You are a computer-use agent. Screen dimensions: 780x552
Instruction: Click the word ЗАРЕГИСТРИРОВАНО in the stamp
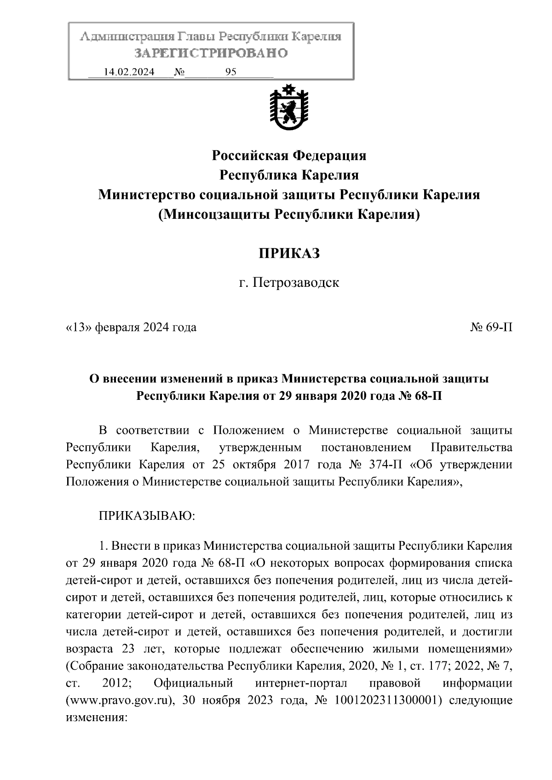tap(211, 53)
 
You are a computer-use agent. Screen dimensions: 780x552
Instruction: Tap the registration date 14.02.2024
tap(129, 72)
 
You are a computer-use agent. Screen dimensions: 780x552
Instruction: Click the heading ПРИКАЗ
tap(288, 253)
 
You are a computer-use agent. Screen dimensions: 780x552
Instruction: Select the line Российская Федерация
tap(288, 155)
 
